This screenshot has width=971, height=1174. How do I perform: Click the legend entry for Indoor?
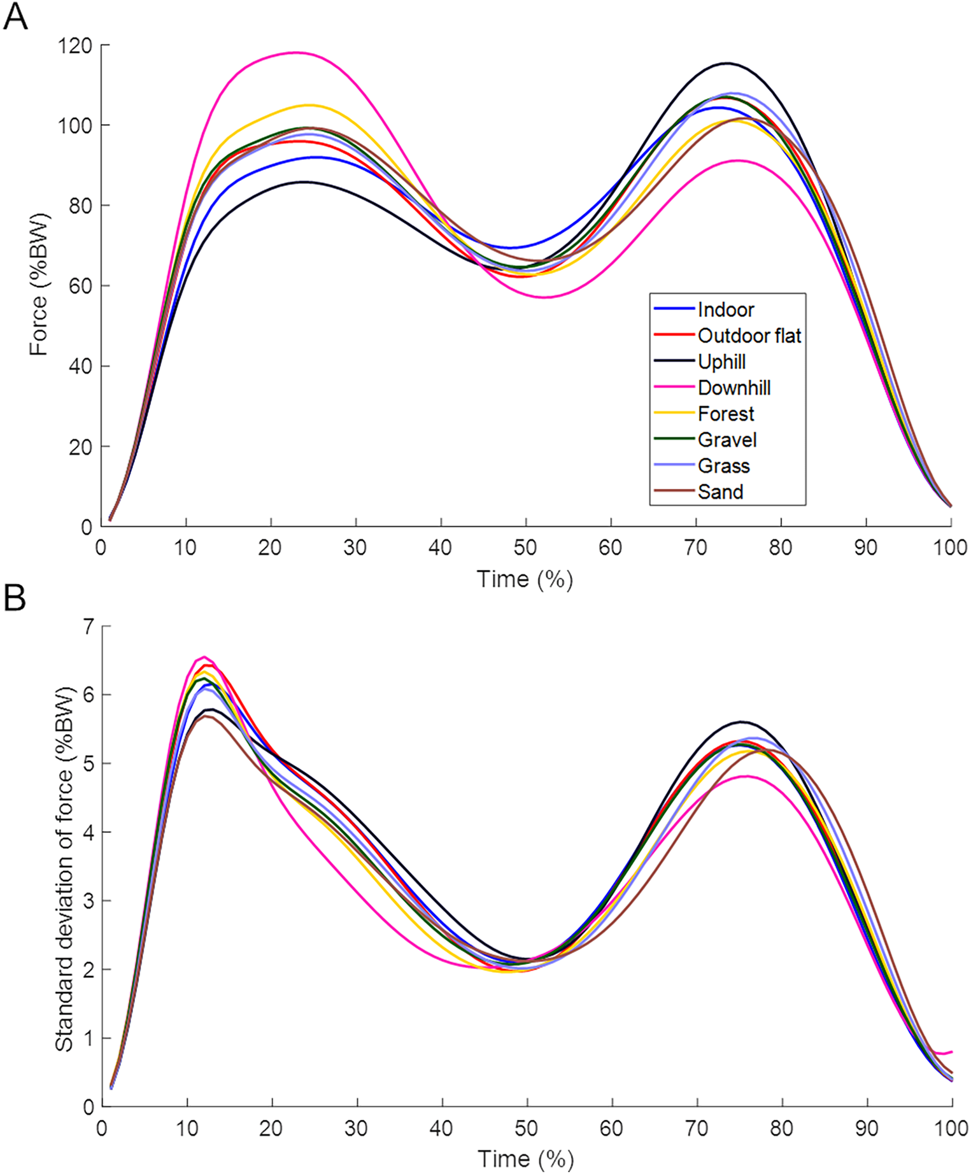pos(725,309)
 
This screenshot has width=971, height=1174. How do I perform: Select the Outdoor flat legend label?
pos(749,336)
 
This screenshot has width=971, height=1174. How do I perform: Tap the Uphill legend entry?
pos(721,362)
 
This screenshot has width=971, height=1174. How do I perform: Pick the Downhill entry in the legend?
pos(734,388)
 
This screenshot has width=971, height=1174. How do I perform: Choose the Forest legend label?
pos(726,414)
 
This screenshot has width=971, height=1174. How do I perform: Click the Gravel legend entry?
pos(727,440)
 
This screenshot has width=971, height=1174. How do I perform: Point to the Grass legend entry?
pos(723,466)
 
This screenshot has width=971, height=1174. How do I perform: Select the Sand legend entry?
pos(720,492)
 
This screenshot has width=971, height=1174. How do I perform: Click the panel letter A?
pos(15,17)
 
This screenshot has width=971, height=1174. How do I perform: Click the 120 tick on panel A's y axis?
pos(74,46)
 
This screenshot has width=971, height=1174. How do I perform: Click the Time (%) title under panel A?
pos(525,579)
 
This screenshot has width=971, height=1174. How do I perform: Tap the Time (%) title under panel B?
pos(525,1159)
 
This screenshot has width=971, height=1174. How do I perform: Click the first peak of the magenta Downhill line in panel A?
pos(295,53)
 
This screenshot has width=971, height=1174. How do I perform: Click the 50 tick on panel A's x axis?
pos(525,548)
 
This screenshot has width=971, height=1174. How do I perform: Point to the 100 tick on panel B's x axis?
pos(951,1129)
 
